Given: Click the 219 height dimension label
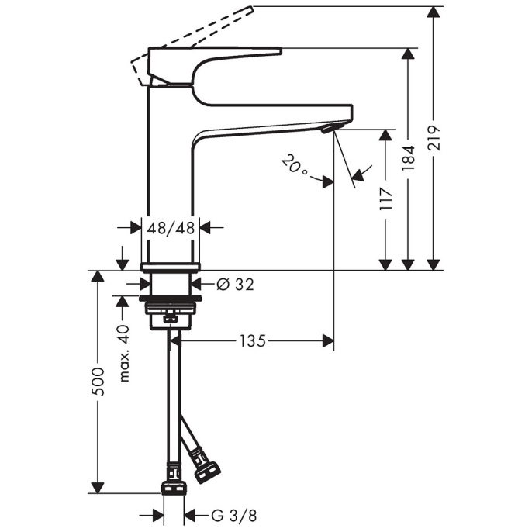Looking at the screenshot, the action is tap(434, 138).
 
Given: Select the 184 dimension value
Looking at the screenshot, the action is tap(409, 157).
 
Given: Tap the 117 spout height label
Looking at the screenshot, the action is tap(386, 198).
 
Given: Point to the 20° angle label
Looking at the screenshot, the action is tap(294, 165).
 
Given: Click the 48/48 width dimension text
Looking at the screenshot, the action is tap(171, 228).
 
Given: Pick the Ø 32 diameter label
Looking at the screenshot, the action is tap(235, 285).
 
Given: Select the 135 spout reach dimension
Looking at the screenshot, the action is tap(253, 340).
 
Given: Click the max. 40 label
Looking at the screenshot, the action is tap(124, 353).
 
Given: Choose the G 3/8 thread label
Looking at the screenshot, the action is tap(234, 516).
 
